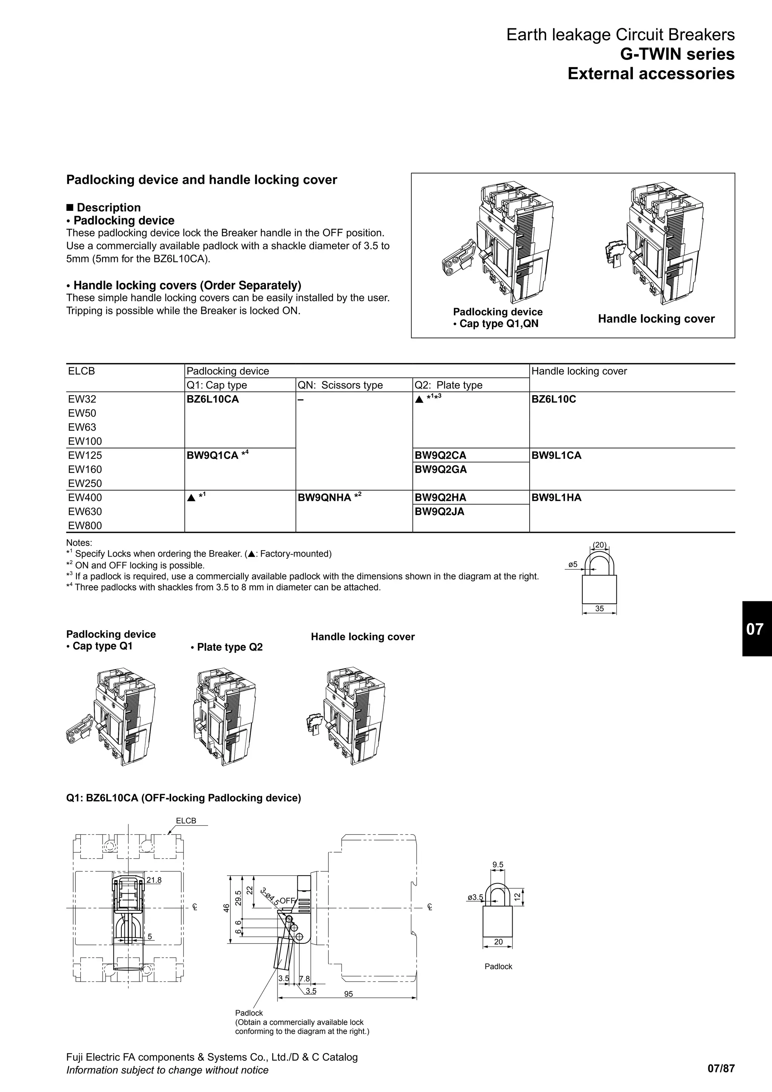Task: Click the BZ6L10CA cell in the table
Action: coord(213,399)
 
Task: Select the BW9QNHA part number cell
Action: coord(325,497)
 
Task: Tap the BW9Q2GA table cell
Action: coord(441,469)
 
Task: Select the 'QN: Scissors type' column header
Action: coord(340,385)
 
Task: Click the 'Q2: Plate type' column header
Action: coord(448,385)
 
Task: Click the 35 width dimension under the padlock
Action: coord(599,609)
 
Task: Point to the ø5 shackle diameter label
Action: coord(573,564)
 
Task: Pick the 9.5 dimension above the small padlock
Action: coord(498,865)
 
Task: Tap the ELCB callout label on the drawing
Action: coord(186,821)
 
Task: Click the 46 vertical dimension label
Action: coord(227,908)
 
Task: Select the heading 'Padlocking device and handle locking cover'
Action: coord(202,180)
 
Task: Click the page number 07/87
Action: coord(721,1069)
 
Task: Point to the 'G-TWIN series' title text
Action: coord(677,54)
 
